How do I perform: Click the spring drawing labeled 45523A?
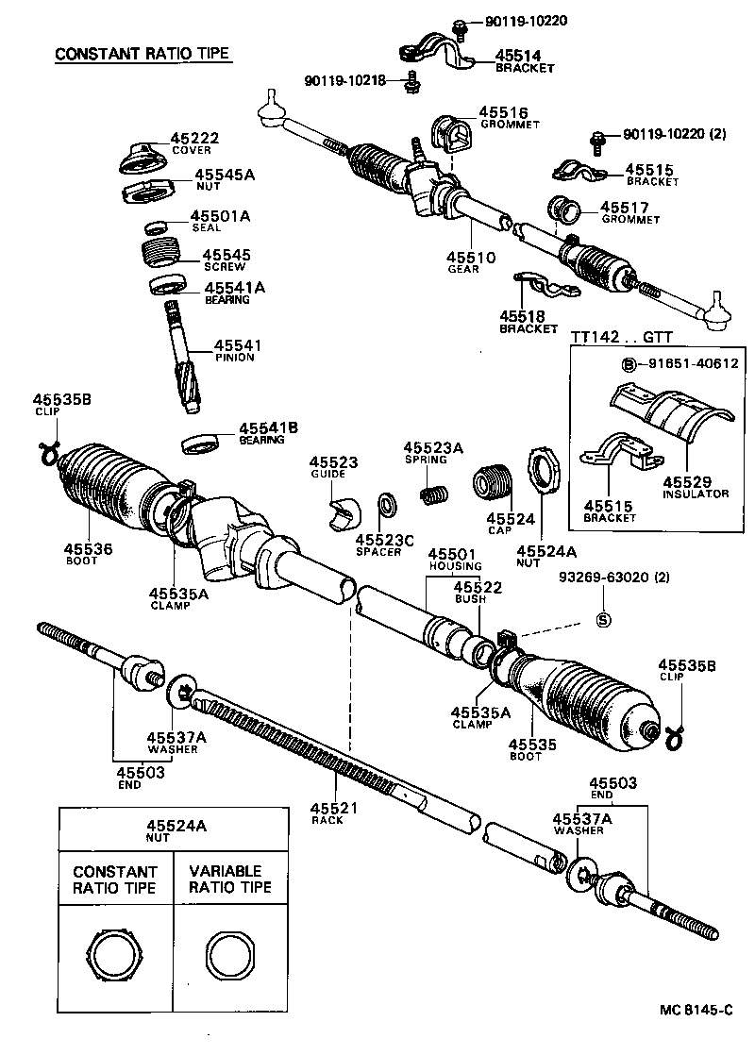pos(433,492)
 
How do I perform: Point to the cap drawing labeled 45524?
pos(492,480)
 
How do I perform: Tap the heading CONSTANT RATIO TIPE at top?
pos(143,54)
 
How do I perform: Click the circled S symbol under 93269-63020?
pos(604,619)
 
